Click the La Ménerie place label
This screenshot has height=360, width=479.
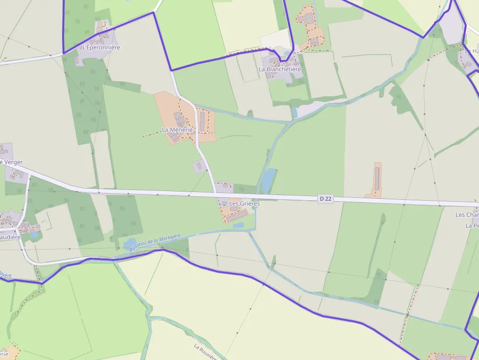click(177, 129)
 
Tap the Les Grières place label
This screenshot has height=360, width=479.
click(244, 203)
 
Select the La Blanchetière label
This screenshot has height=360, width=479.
click(280, 69)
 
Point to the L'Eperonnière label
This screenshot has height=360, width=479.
click(101, 47)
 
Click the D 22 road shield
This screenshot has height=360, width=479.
click(325, 198)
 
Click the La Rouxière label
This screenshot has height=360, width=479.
click(205, 353)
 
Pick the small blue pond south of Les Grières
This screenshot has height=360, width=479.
click(239, 225)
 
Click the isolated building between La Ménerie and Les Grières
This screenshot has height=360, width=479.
click(199, 167)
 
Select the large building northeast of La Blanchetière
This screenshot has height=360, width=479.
click(308, 19)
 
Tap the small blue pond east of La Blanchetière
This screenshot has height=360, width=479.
click(294, 113)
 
